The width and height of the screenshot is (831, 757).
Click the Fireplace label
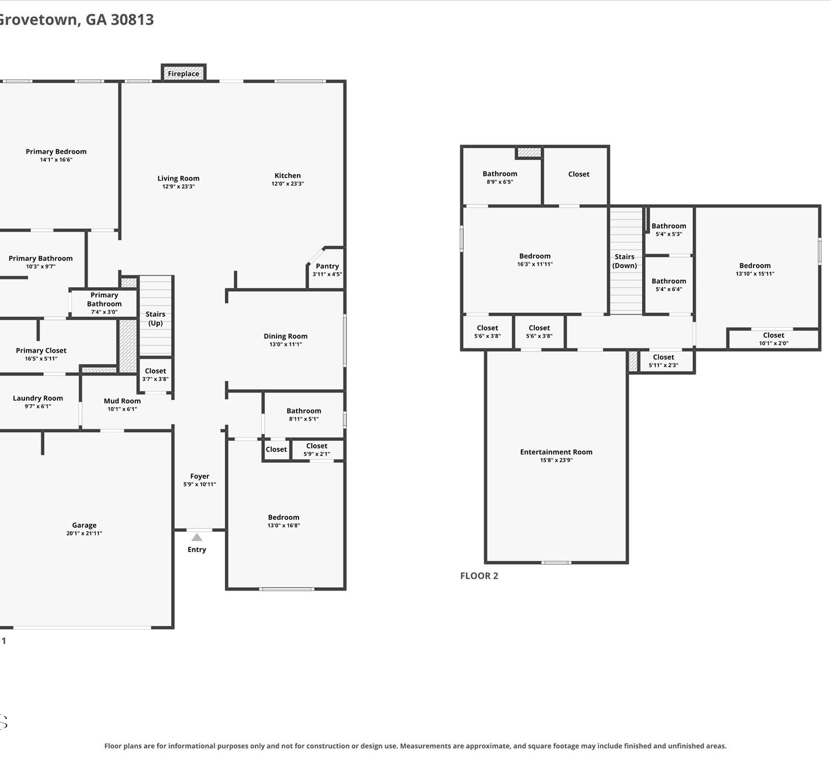pos(183,73)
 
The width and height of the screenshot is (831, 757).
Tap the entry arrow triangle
pos(197,537)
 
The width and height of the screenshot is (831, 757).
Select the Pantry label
pos(327,266)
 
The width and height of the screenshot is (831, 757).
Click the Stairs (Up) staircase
pos(155,316)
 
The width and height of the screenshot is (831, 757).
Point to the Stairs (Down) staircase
pos(626,261)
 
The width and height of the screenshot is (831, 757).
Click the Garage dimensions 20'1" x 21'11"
pos(84,533)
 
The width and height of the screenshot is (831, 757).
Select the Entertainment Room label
pos(556,452)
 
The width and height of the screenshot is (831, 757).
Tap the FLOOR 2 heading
pos(479,576)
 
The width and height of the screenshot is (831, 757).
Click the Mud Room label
pos(122,401)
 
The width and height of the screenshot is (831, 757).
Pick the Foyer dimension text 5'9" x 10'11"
pos(199,484)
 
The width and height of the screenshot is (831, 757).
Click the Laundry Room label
pos(38,398)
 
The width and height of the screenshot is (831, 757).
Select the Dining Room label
pos(285,336)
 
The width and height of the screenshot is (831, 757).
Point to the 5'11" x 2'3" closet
pos(665,361)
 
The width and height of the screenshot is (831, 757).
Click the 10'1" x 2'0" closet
pos(773,339)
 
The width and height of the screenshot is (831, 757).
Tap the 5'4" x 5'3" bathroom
pos(669,230)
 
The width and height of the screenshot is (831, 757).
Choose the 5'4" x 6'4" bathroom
pos(669,285)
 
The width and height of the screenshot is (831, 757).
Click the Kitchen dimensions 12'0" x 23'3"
pos(288,184)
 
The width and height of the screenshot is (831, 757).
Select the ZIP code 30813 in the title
pos(132,19)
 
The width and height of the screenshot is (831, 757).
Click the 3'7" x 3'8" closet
pos(155,374)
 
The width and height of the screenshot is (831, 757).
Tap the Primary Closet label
pos(41,350)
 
